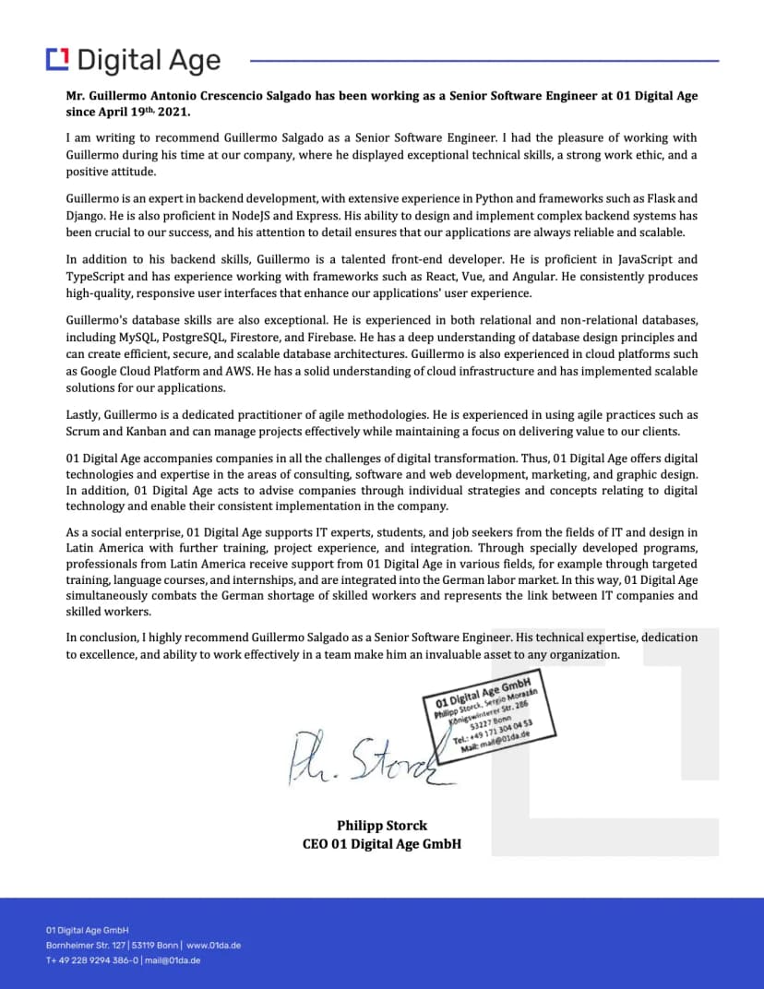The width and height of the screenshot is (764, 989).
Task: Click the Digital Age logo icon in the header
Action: pos(57,59)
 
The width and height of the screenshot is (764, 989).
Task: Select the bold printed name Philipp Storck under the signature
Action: pos(382,826)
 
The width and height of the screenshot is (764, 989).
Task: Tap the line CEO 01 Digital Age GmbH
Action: pos(382,843)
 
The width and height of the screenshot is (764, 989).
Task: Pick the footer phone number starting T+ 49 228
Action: pos(92,960)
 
